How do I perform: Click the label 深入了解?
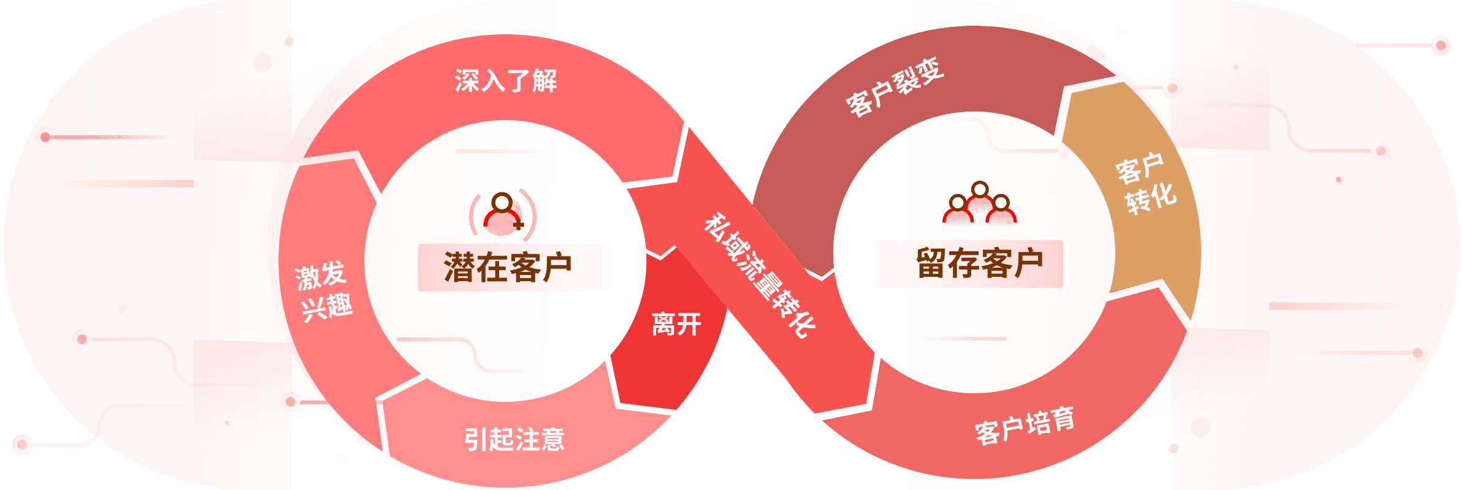(506, 81)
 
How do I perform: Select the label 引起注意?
(514, 439)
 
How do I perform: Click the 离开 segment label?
(676, 323)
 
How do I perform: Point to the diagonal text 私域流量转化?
(759, 276)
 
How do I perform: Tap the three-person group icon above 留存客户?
(979, 205)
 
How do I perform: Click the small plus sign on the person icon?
(519, 224)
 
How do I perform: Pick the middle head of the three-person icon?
(980, 189)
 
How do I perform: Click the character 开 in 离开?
(689, 323)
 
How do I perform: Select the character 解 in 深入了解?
(544, 81)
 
